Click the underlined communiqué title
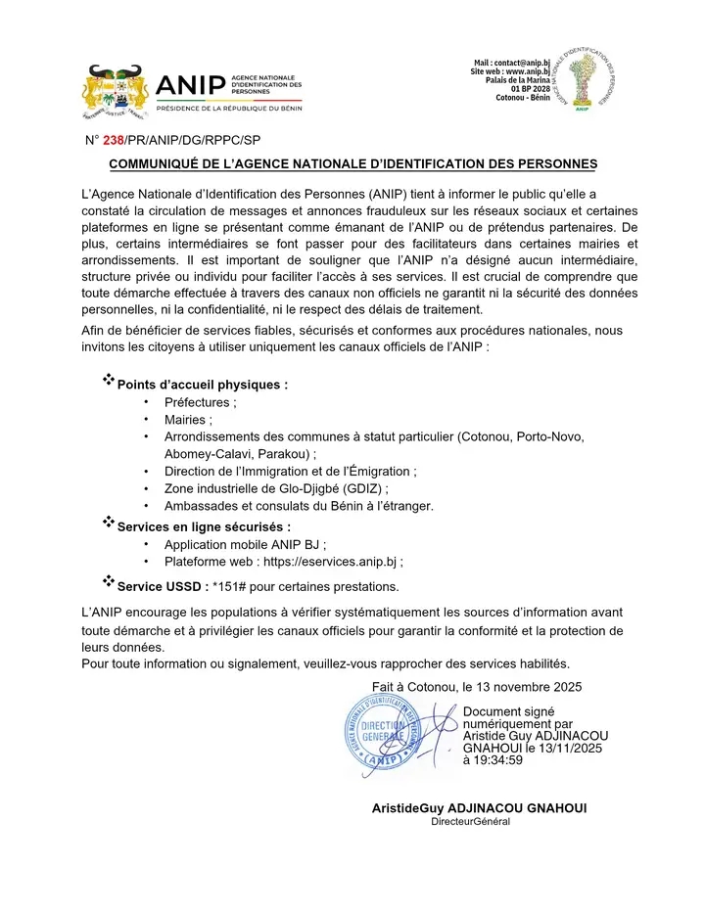pyautogui.click(x=352, y=163)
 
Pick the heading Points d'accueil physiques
pyautogui.click(x=202, y=385)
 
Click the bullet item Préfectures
pyautogui.click(x=200, y=403)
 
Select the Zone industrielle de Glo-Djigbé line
pyautogui.click(x=276, y=488)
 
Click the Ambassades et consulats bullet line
pyautogui.click(x=299, y=506)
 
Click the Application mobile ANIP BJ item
pyautogui.click(x=245, y=544)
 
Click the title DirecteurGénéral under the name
pyautogui.click(x=471, y=822)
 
